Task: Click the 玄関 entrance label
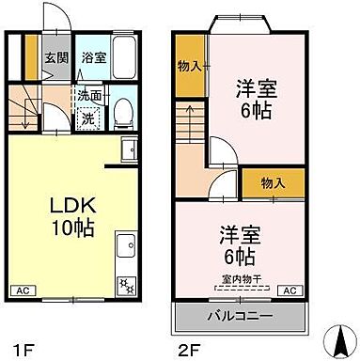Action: pos(56,55)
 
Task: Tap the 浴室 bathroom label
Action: pos(93,55)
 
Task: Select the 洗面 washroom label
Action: pos(91,95)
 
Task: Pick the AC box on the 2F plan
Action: pos(290,291)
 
